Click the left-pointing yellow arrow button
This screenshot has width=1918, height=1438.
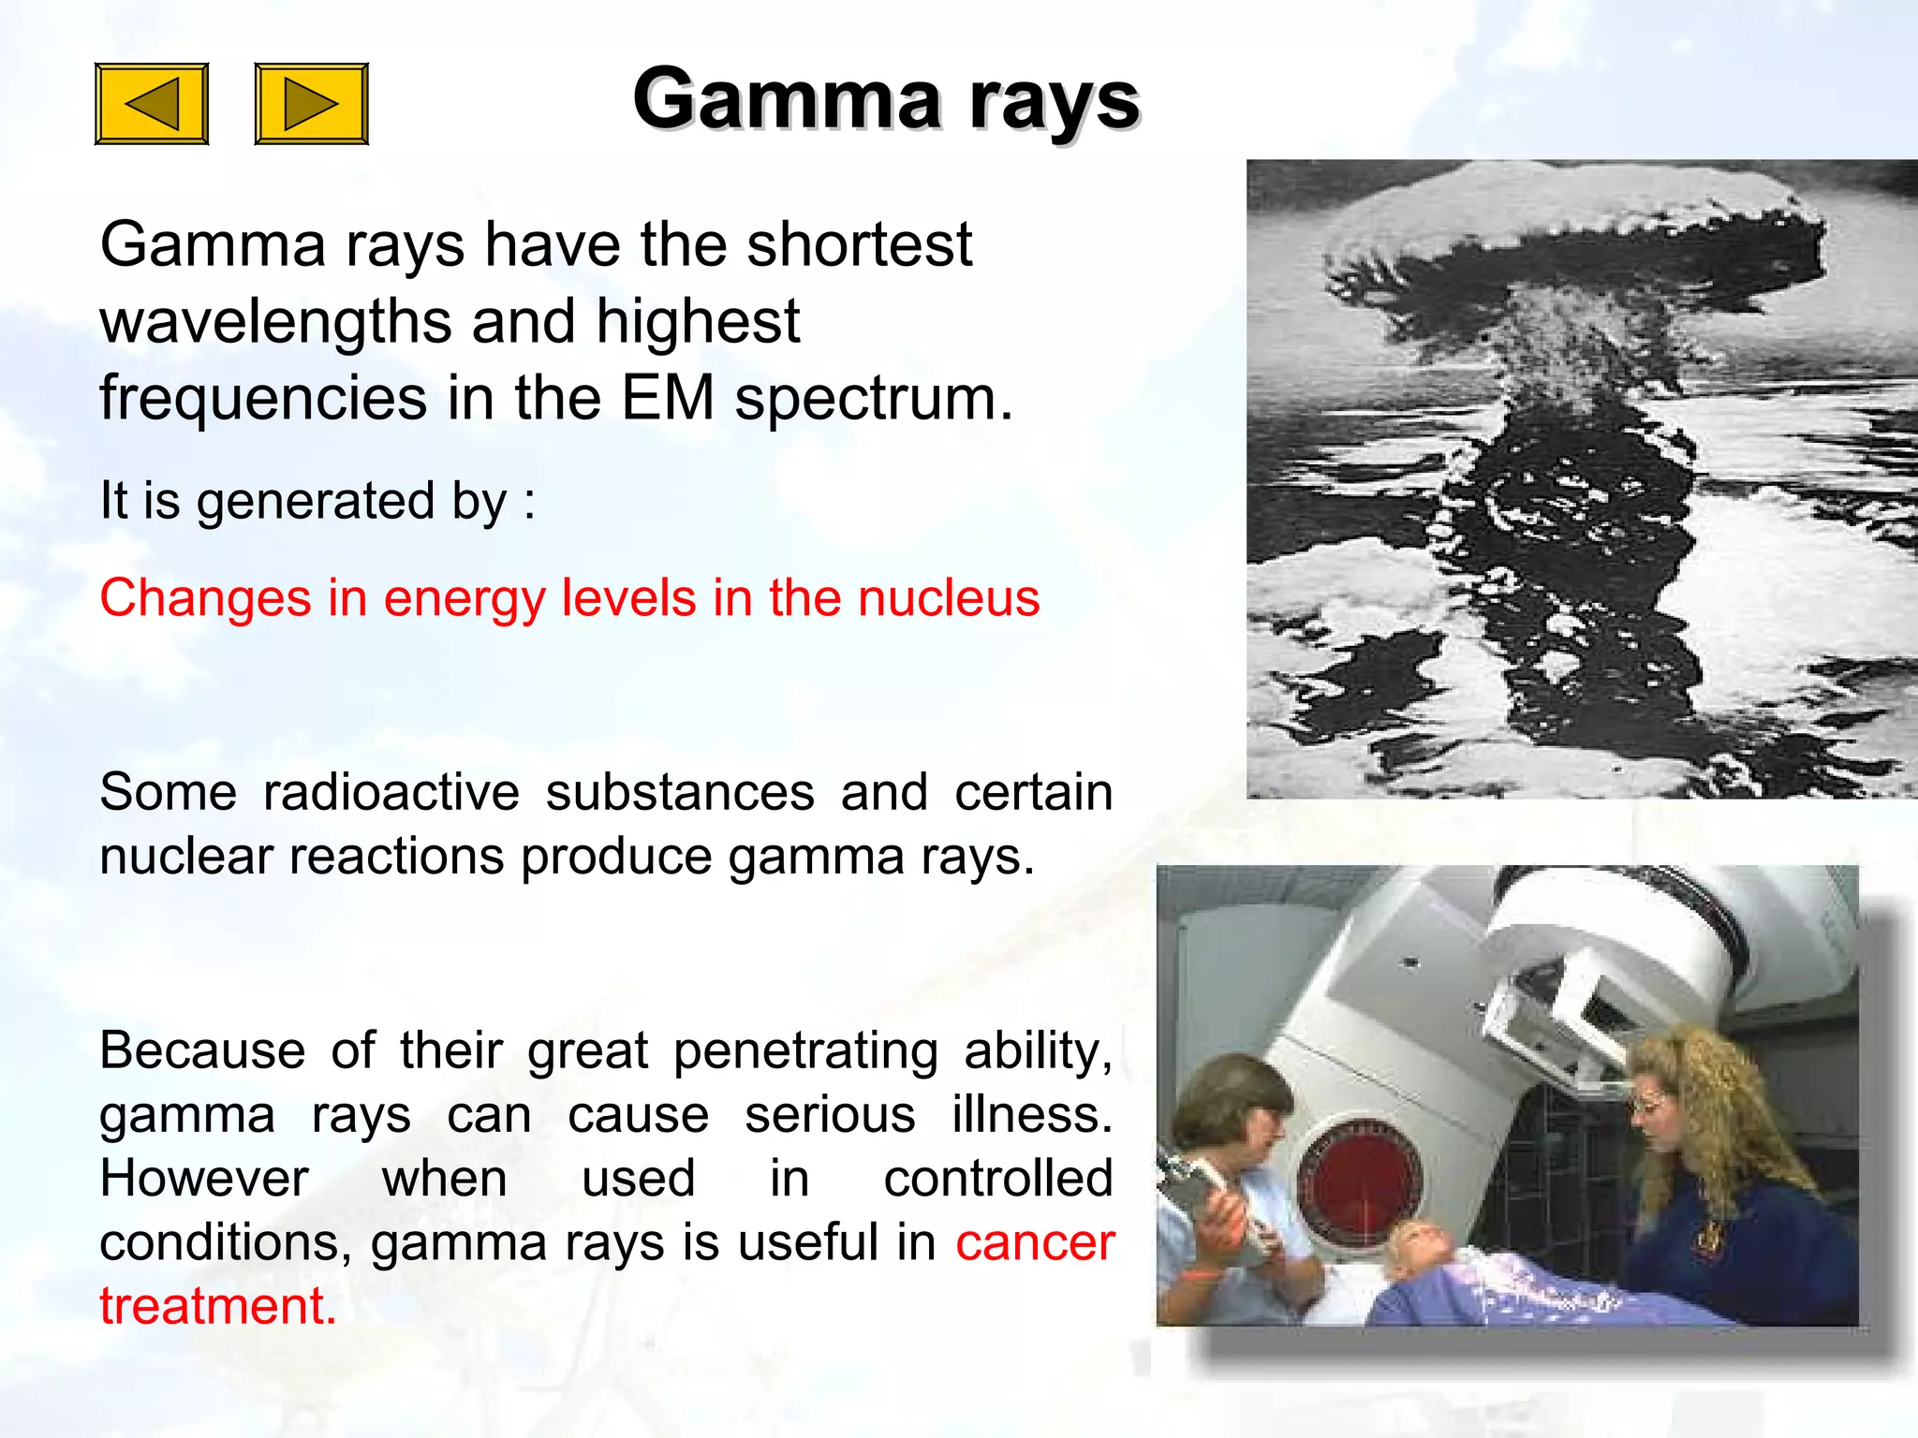152,104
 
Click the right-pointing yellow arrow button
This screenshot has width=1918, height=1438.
311,104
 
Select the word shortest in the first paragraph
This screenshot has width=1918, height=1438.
859,245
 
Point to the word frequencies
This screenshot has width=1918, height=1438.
263,399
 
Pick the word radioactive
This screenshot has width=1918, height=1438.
391,793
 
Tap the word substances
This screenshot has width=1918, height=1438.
680,793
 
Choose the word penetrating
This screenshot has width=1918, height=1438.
805,1051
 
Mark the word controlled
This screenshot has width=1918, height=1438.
997,1179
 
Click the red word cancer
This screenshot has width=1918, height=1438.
1034,1243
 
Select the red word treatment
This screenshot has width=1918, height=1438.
217,1307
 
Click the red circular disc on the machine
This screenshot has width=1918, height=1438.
1358,1184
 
